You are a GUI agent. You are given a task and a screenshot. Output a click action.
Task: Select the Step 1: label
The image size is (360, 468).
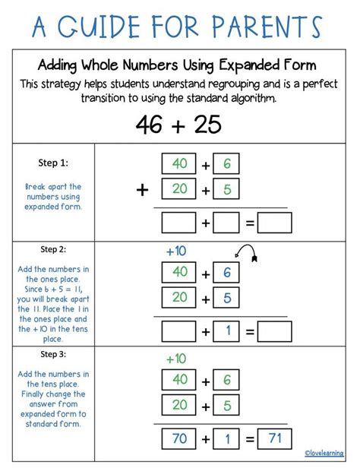click(52, 162)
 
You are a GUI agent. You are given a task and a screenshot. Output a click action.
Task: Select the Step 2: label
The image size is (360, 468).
click(52, 248)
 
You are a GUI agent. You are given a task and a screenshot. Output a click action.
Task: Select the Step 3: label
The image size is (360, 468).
click(52, 354)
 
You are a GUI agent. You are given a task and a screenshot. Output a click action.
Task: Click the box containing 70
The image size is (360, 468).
click(180, 439)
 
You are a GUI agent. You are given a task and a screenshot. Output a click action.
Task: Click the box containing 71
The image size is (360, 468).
click(275, 439)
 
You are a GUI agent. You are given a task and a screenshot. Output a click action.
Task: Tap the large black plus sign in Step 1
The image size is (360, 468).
click(142, 190)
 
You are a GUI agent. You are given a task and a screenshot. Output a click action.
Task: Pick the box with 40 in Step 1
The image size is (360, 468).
click(180, 163)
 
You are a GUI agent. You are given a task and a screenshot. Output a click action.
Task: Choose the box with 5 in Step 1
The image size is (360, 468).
click(227, 189)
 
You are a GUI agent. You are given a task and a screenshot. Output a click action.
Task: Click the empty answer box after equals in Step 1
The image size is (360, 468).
click(275, 223)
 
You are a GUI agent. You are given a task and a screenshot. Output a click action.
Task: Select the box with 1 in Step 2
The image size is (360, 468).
click(227, 331)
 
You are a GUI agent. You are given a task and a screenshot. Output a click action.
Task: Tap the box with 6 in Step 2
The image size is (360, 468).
click(227, 273)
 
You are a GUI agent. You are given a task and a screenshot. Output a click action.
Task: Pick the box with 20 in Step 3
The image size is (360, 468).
click(180, 406)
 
